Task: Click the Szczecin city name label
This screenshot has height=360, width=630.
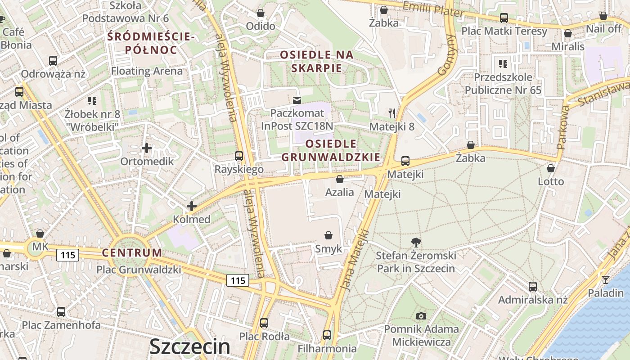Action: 189,346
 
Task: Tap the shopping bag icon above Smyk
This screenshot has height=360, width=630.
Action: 328,235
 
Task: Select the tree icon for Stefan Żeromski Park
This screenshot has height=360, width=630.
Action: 416,243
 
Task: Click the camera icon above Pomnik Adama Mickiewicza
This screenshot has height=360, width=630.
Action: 421,316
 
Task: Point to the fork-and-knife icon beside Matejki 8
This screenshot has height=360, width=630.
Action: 392,113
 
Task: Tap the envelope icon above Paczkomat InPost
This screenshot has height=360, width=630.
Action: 297,100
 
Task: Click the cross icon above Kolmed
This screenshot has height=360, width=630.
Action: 192,207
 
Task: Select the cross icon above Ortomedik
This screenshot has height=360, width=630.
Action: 146,148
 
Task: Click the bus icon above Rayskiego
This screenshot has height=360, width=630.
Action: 239,156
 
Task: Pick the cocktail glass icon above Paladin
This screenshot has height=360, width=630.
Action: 606,280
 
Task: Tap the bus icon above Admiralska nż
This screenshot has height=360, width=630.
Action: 533,286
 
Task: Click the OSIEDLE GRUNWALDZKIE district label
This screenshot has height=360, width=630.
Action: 331,150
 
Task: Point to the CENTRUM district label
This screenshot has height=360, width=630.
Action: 132,252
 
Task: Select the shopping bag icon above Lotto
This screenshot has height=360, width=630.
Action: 551,168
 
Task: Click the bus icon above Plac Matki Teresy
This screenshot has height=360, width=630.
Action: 504,18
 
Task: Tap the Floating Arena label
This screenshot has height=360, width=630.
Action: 147,71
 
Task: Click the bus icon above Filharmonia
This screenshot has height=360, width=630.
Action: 327,335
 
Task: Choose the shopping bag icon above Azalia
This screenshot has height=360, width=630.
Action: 340,179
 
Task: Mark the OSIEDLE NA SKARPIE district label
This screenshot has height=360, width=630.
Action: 317,62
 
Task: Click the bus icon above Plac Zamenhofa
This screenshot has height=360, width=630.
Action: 61,311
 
